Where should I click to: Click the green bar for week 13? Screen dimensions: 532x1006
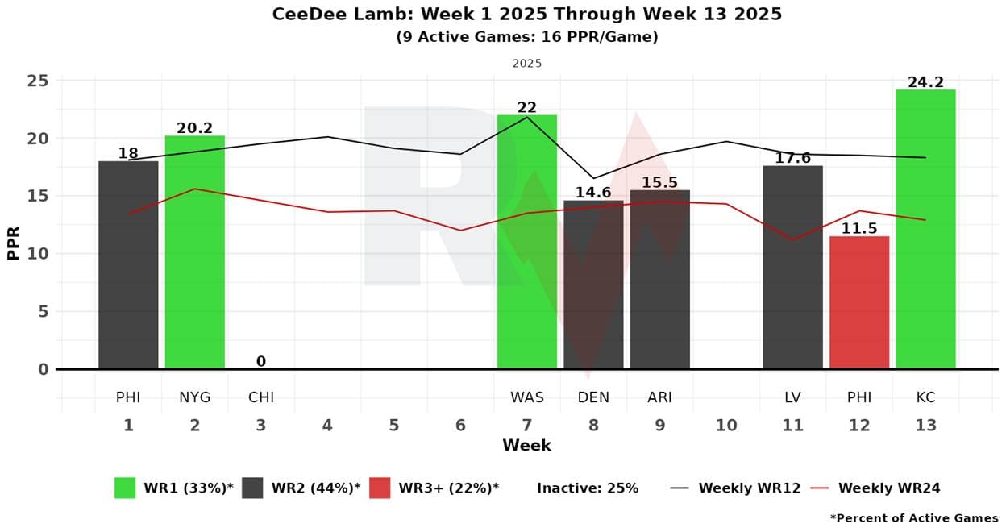pos(925,229)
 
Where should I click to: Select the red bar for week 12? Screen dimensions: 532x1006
pos(859,302)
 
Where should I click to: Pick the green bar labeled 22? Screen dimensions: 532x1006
pos(526,242)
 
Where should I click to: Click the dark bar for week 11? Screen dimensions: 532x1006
pos(792,267)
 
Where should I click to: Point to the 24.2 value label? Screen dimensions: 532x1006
pos(925,82)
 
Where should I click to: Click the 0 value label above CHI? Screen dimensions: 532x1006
pos(261,362)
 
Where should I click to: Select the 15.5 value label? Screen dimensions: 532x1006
pos(659,183)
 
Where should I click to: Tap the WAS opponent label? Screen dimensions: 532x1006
pos(526,397)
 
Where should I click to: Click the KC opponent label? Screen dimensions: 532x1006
pos(925,397)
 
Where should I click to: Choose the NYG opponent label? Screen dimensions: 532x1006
pos(195,397)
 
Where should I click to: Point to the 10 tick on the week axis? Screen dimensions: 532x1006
pos(726,426)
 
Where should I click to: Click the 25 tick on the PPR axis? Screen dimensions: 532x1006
pos(39,81)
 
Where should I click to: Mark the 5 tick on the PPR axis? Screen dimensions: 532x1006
pos(44,312)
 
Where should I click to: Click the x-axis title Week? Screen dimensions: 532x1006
pos(526,446)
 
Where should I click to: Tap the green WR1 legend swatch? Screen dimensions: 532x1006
pos(125,488)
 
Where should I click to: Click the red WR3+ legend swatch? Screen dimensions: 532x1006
pos(380,488)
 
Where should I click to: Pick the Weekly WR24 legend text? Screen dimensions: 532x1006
pos(888,488)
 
